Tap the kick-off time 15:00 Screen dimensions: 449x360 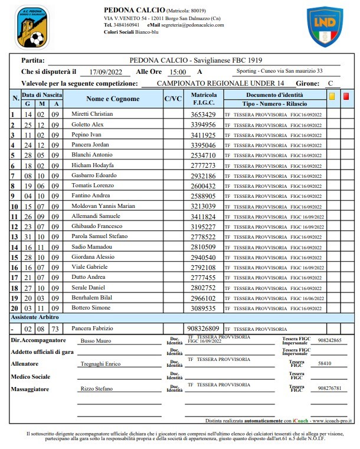[x=177, y=71]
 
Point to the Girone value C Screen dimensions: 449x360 [x=331, y=83]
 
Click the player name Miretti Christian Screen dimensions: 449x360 [x=91, y=114]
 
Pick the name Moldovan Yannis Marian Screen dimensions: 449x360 [x=103, y=206]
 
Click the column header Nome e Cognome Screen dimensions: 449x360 [x=113, y=99]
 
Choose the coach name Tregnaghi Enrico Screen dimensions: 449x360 [x=99, y=364]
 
